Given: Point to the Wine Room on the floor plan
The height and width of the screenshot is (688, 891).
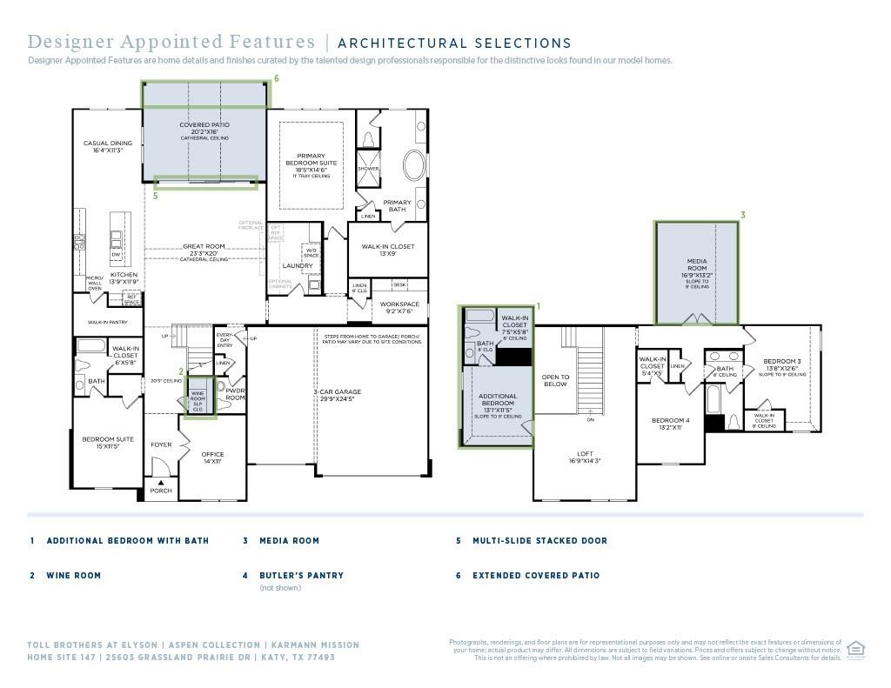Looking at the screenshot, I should pos(198,396).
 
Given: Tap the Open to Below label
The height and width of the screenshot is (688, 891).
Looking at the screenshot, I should pos(555,381).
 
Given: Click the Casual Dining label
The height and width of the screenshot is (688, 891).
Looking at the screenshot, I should pos(108,146).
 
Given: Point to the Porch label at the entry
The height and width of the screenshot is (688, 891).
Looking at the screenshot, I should pos(161,491).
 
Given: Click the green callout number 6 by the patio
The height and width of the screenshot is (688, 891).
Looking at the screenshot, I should pos(276,78).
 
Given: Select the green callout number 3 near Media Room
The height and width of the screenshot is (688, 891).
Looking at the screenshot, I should pos(742,215).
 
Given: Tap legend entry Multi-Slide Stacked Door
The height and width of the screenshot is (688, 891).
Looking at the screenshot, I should pos(539,541).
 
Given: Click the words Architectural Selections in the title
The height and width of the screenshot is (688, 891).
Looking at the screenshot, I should pos(454,43).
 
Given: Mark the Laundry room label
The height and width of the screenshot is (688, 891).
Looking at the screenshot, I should pos(298,266).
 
